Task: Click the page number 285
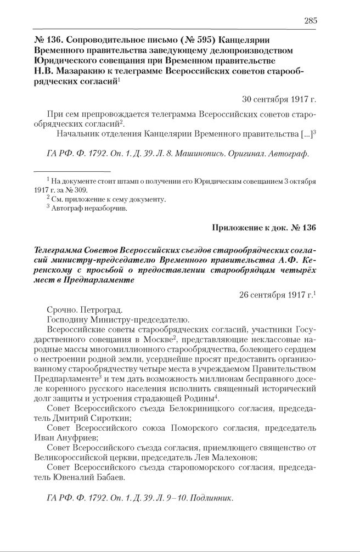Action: [x=310, y=21]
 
